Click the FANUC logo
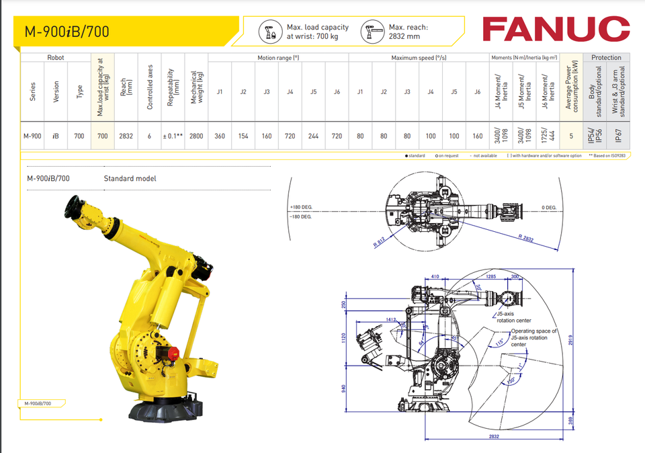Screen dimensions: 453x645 click(x=555, y=28)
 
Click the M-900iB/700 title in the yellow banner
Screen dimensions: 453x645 click(x=67, y=32)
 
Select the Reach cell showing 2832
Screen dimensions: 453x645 click(x=126, y=136)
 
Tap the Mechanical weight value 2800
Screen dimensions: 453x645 click(x=196, y=136)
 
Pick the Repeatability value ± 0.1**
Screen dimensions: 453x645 click(x=173, y=136)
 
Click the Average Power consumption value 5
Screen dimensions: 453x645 click(x=571, y=136)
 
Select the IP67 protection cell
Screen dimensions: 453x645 click(x=619, y=136)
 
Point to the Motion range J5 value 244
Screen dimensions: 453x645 click(x=313, y=136)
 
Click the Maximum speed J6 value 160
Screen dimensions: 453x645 click(x=477, y=136)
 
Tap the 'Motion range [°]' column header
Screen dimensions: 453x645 click(x=278, y=58)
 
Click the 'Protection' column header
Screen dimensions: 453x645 click(x=606, y=58)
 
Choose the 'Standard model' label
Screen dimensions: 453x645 click(x=130, y=179)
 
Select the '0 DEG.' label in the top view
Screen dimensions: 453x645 click(x=549, y=208)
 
